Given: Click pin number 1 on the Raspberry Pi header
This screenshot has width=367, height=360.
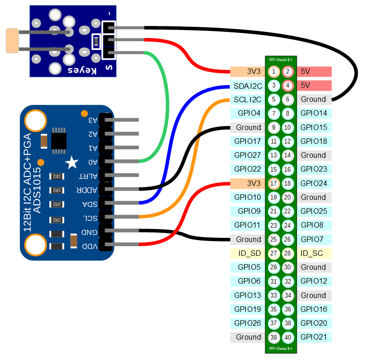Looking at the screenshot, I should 274,71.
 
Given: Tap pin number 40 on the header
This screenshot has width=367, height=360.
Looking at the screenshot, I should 288,337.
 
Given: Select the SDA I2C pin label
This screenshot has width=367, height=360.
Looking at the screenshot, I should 248,86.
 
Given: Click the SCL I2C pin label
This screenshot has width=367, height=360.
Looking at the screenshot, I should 248,99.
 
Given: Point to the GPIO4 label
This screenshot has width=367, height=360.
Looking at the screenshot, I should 249,113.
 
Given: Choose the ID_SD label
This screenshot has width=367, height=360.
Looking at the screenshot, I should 249,253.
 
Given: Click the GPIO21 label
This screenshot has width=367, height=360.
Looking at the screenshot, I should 313,337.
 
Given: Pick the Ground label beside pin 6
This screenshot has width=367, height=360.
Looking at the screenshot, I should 313,99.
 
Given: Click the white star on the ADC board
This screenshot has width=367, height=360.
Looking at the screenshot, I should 72,162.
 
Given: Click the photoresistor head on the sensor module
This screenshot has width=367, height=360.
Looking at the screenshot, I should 12,40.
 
